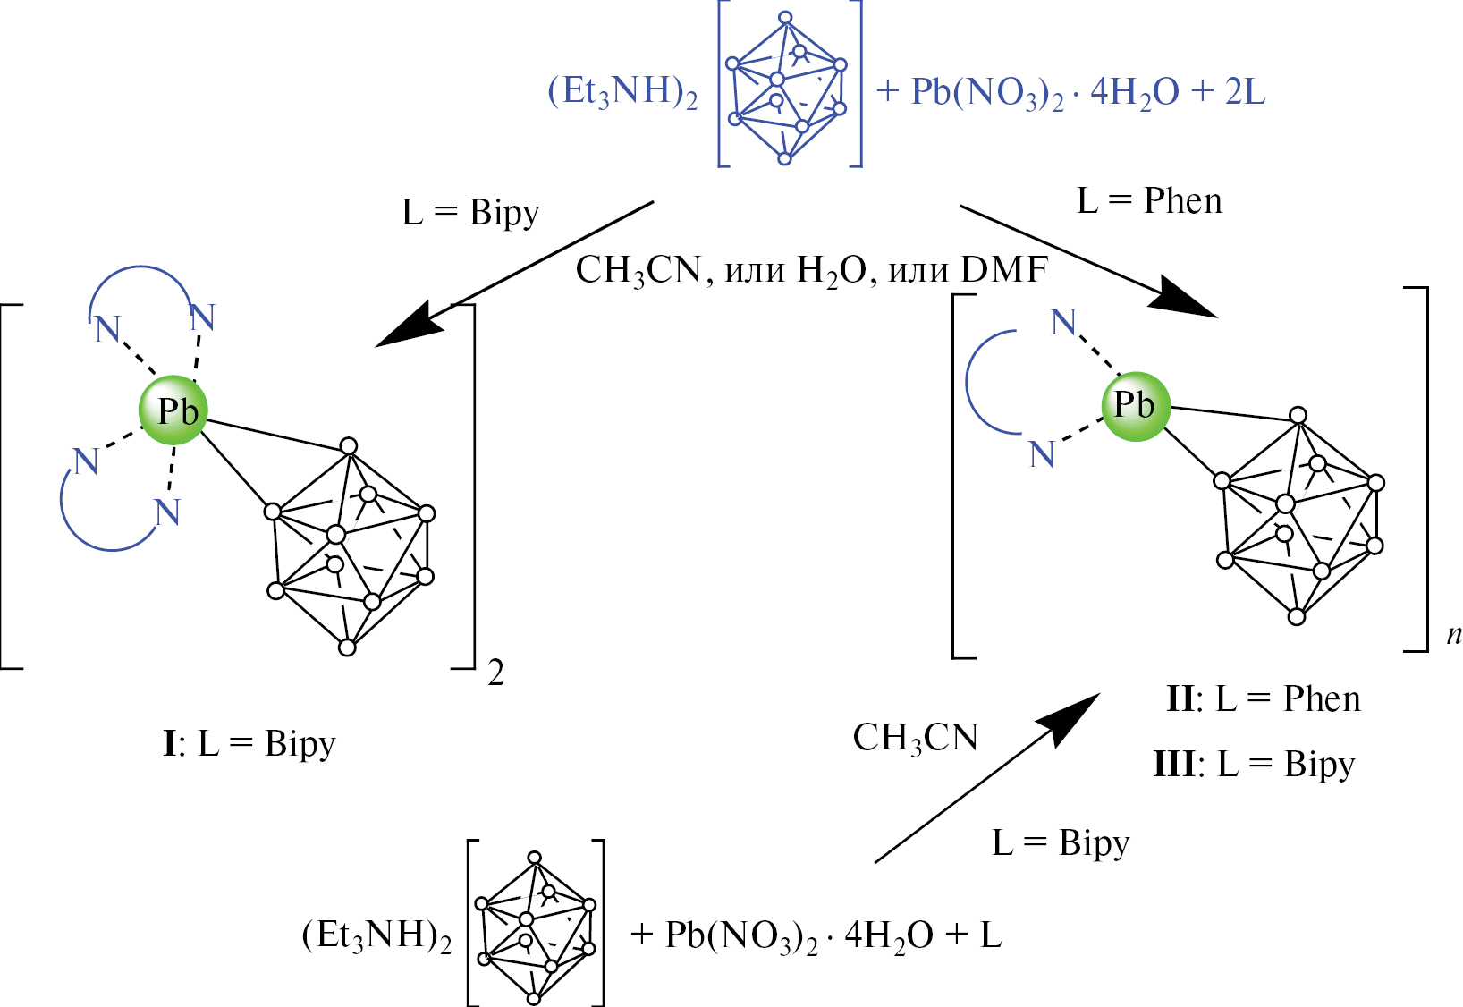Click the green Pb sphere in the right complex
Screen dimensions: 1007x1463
coord(1136,406)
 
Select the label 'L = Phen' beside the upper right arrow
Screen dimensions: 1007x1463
coord(1149,201)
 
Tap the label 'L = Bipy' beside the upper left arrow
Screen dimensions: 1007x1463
coord(471,213)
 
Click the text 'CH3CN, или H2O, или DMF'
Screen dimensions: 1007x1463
coord(811,269)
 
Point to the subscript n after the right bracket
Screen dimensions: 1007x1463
coord(1453,634)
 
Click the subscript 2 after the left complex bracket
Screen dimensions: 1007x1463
coord(496,673)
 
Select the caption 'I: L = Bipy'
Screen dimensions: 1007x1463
coord(249,743)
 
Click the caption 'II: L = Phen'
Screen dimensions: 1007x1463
coord(1263,698)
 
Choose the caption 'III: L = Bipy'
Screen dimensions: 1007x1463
coord(1254,764)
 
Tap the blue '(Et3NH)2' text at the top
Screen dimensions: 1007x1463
coord(622,92)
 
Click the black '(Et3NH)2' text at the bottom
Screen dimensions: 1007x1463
coord(376,935)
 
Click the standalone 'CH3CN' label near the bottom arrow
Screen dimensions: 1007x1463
coord(916,738)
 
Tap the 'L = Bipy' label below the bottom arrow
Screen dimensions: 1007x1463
coord(1061,842)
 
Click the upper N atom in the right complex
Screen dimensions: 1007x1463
coord(1063,322)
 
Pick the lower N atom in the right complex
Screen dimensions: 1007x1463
coord(1042,454)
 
